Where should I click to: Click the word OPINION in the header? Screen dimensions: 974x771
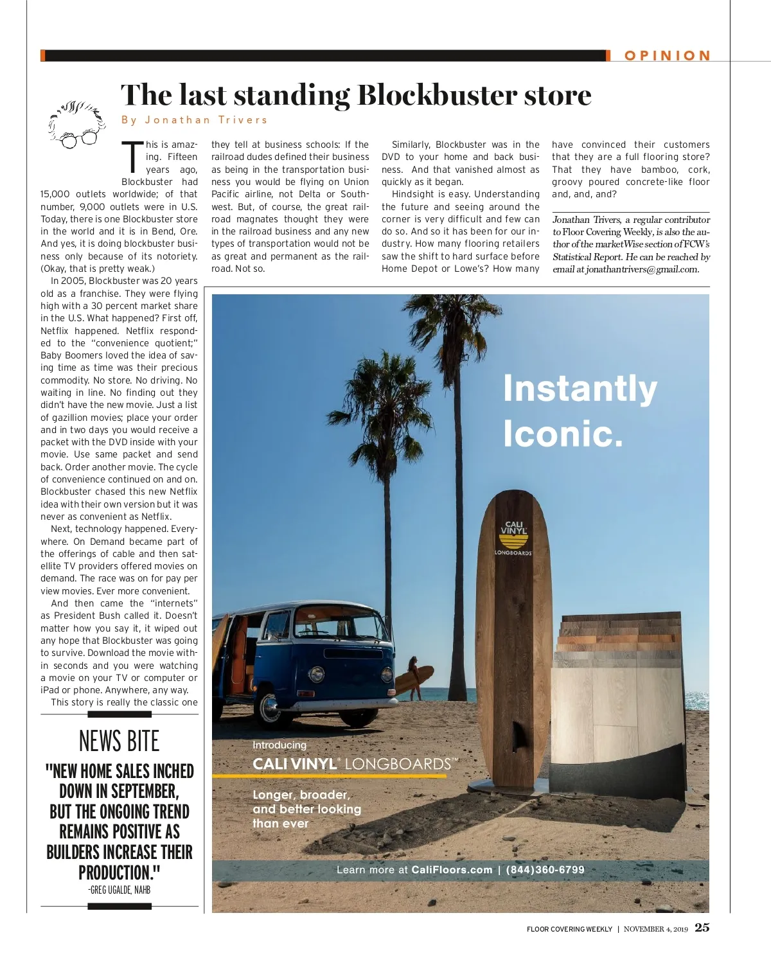click(668, 56)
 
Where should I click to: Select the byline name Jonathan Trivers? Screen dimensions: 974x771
click(206, 120)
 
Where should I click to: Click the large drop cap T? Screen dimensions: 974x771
click(134, 157)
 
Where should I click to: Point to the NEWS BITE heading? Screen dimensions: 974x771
click(119, 741)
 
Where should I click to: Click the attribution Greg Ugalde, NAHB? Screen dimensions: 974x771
click(120, 890)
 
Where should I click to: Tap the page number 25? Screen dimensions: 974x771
click(702, 927)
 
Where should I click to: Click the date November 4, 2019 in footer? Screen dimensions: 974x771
click(655, 929)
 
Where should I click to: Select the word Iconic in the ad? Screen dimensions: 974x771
click(562, 434)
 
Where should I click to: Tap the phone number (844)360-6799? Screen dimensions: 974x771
click(545, 870)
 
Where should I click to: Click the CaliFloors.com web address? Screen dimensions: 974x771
click(452, 870)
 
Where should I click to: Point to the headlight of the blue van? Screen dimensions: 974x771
click(316, 675)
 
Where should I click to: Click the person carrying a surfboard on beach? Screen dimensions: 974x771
click(414, 677)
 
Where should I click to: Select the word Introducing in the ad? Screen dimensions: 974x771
click(279, 745)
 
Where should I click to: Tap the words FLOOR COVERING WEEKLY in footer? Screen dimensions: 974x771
click(569, 929)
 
